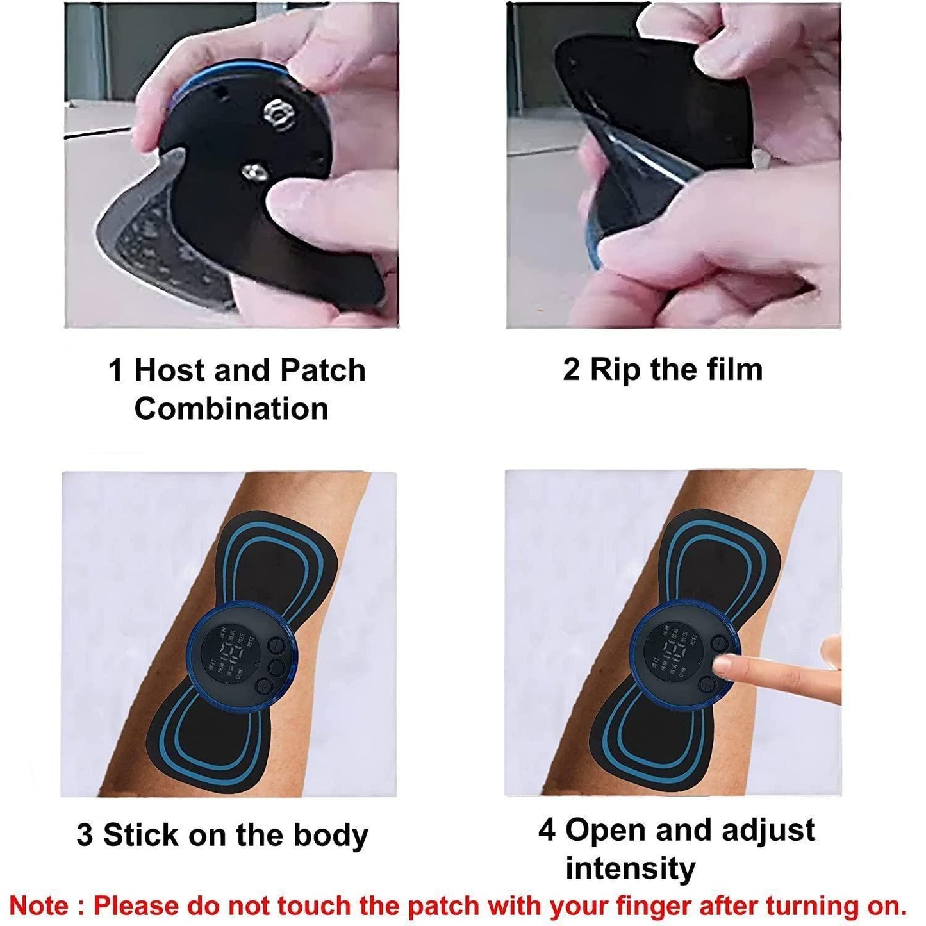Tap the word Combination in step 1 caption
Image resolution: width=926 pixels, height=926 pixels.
231,409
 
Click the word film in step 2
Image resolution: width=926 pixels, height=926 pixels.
733,370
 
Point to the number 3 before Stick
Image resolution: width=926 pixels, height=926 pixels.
85,835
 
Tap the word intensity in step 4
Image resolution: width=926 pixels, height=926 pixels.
630,869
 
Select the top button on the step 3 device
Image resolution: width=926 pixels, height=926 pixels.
276,645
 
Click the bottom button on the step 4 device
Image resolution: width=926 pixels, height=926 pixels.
706,684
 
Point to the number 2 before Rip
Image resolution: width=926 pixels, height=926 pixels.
571,370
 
